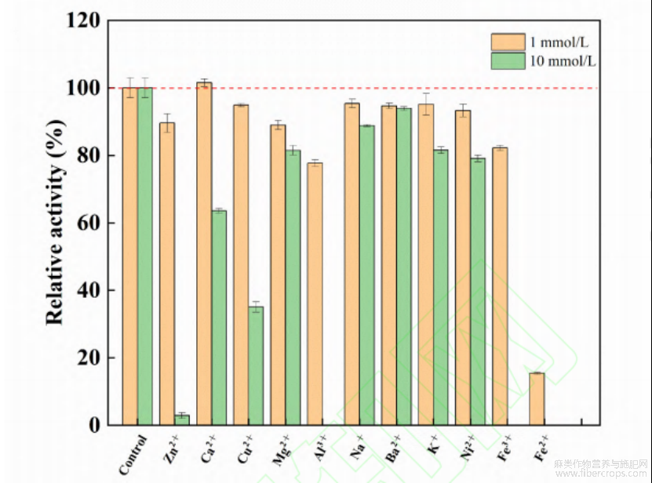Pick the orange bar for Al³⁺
click(315, 293)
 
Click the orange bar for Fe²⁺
click(537, 398)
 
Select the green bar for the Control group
click(145, 256)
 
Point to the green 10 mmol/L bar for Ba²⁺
click(403, 267)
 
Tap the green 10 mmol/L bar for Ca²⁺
click(219, 318)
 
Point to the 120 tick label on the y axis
click(82, 21)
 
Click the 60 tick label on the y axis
click(89, 223)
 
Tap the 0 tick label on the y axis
click(95, 426)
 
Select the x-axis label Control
click(133, 454)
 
